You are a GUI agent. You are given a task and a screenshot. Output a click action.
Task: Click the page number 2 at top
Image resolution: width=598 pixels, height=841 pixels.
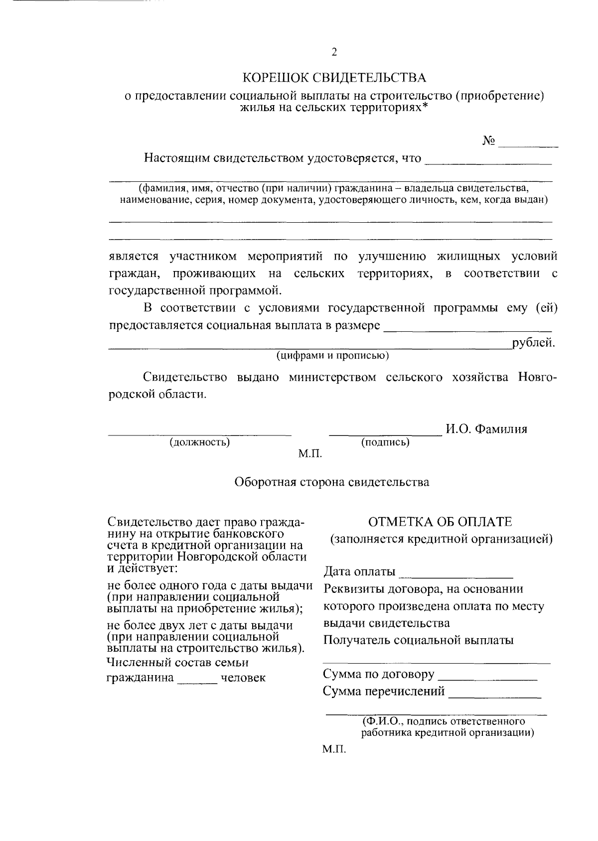coord(334,52)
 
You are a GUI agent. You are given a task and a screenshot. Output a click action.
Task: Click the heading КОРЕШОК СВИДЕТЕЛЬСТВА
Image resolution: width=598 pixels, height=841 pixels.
coord(334,78)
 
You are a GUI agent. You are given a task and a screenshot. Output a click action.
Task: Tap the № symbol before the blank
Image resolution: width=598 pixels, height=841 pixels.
coord(489,141)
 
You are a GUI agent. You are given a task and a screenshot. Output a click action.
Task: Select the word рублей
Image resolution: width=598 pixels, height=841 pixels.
coord(533,343)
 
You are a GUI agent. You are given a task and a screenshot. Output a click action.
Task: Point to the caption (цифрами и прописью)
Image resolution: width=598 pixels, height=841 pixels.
coord(333,356)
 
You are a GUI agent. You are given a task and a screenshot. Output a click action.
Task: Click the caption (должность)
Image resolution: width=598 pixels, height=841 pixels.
coord(200,442)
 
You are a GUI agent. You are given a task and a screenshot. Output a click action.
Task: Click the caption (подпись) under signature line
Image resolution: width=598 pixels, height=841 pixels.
coord(385,442)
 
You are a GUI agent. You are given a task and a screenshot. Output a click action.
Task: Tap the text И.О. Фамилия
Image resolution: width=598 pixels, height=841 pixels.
coord(486,429)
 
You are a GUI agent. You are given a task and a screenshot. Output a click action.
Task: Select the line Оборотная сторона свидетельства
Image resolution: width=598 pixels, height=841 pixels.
coord(332,482)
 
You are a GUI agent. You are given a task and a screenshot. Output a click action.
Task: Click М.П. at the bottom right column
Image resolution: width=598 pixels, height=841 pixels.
coord(334,749)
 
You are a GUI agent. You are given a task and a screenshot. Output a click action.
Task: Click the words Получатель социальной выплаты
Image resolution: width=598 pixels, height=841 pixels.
coord(419,640)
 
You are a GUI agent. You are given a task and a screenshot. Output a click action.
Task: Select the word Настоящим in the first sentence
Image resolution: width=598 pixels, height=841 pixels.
coord(174,158)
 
